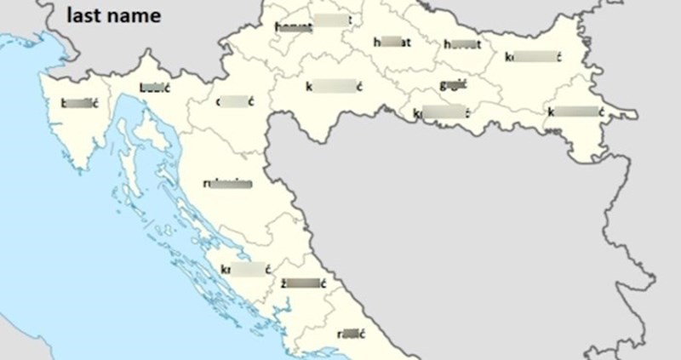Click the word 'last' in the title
pyautogui.click(x=84, y=14)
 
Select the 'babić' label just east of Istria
pyautogui.click(x=153, y=87)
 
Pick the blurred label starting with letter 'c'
pyautogui.click(x=236, y=101)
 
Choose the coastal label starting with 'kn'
pyautogui.click(x=245, y=271)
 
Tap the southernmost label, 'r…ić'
pyautogui.click(x=351, y=333)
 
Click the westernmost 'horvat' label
pyautogui.click(x=294, y=26)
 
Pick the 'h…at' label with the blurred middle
pyautogui.click(x=392, y=42)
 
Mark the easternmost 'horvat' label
pyautogui.click(x=461, y=44)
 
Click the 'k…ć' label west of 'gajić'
pyautogui.click(x=335, y=85)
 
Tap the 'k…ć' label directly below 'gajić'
pyautogui.click(x=442, y=112)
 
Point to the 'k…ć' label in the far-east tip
pyautogui.click(x=576, y=111)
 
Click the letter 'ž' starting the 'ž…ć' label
pyautogui.click(x=284, y=282)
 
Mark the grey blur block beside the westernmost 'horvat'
pyautogui.click(x=329, y=20)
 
